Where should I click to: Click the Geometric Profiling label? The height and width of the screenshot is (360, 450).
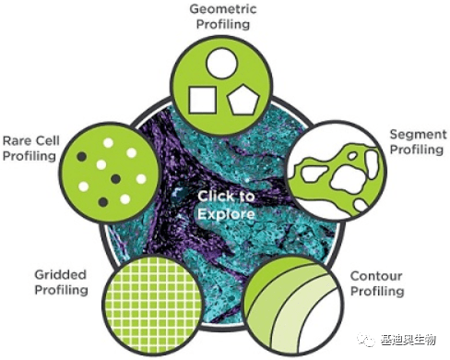pos(224,17)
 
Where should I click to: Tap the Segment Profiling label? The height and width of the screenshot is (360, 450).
pos(417,142)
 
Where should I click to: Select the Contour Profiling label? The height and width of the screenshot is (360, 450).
pos(378,283)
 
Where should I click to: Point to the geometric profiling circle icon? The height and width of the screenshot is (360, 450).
pos(222,80)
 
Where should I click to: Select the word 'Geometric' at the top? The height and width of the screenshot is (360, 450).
pos(224,8)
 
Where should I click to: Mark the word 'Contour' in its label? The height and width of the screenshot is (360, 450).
pos(378,276)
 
